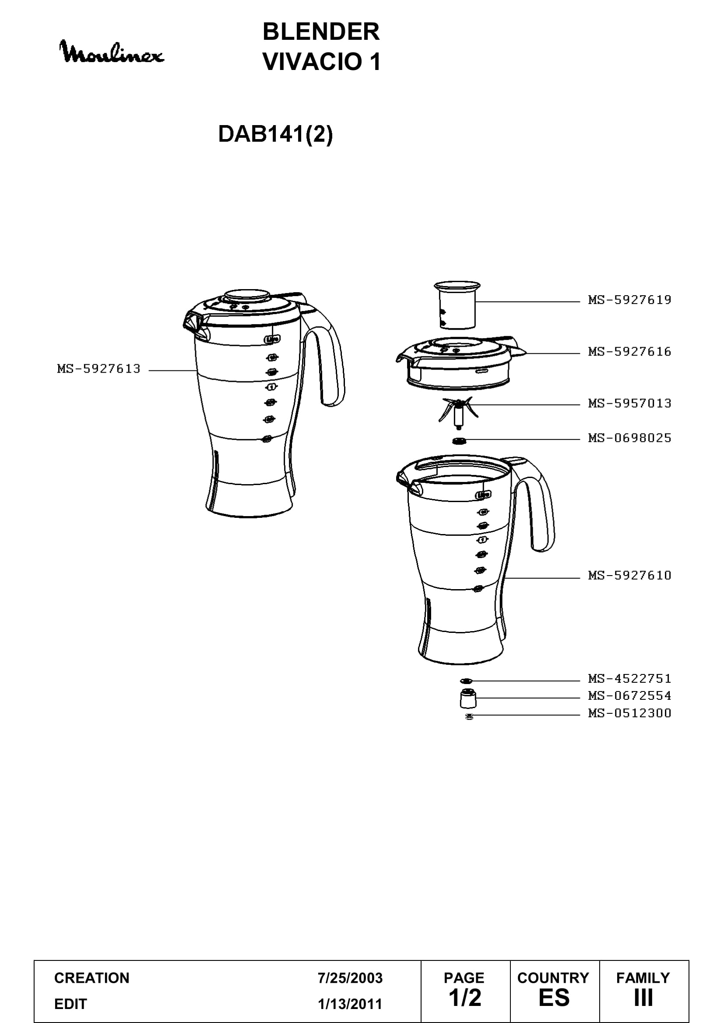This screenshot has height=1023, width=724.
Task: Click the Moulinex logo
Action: click(112, 52)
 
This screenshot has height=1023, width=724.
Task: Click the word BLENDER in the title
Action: click(321, 31)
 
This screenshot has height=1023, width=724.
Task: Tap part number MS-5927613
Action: click(98, 369)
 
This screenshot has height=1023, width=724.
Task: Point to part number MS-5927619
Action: click(629, 300)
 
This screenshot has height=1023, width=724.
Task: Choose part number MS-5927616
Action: click(629, 352)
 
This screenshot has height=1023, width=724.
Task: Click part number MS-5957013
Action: click(629, 403)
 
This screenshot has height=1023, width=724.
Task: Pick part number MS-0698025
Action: click(629, 438)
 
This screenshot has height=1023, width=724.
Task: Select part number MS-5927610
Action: click(629, 575)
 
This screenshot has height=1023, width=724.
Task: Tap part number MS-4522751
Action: click(629, 679)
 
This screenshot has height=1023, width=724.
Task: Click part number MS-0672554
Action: click(629, 695)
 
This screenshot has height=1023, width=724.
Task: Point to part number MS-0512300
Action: click(629, 713)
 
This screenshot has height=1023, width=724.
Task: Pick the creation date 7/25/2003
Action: click(350, 978)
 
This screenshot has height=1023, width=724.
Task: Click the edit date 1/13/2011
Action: click(350, 1004)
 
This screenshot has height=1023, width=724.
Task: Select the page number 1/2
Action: click(465, 998)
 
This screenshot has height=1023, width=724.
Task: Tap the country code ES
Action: click(554, 998)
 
